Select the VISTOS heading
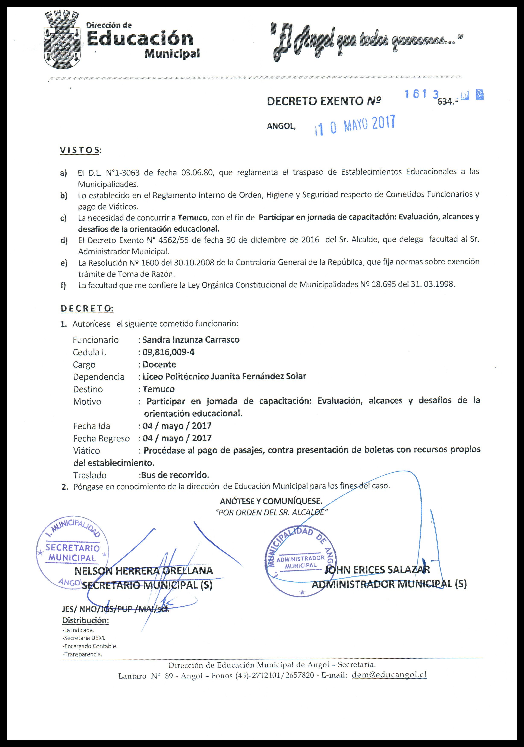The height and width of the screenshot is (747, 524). [80, 150]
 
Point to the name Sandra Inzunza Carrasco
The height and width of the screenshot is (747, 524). [191, 340]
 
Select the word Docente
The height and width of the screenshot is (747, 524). [159, 364]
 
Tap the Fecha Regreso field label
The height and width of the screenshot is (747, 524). [101, 438]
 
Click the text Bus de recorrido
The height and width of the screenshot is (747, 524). [175, 475]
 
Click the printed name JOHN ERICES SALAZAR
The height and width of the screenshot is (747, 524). [377, 570]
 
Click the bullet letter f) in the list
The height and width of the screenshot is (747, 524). [63, 285]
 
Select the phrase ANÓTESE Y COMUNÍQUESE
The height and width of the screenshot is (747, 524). [271, 500]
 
